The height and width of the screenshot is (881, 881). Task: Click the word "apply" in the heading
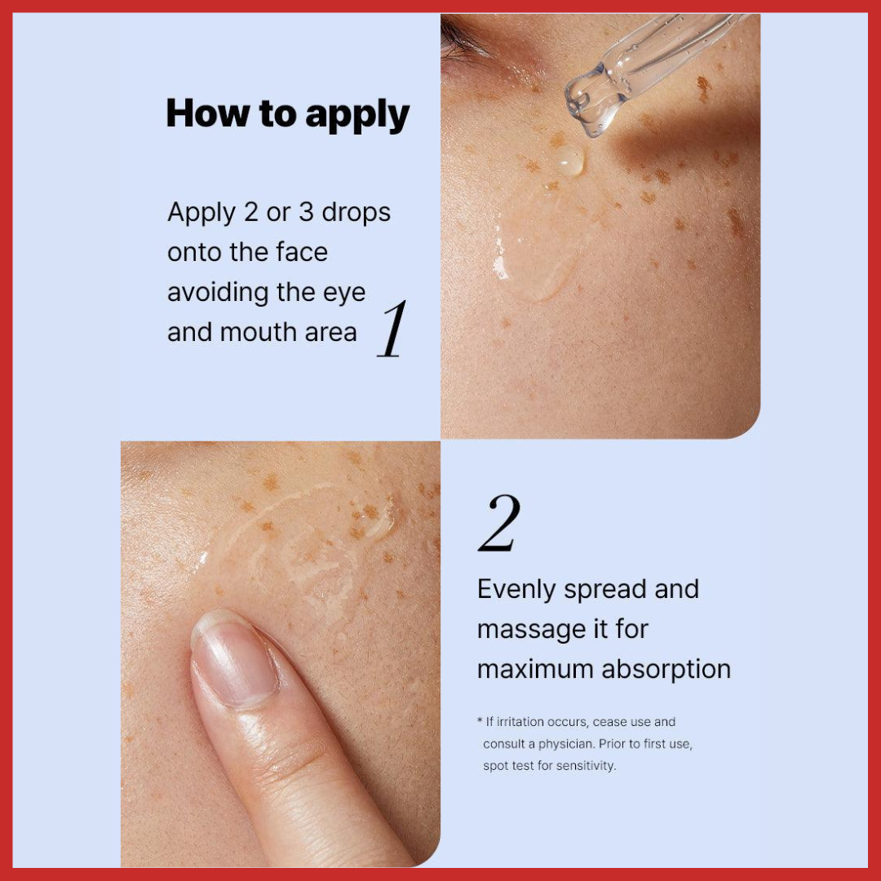(x=357, y=116)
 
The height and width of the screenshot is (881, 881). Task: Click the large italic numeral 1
(x=392, y=329)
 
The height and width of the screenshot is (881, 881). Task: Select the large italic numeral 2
(x=499, y=523)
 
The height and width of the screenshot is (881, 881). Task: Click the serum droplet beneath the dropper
(x=569, y=162)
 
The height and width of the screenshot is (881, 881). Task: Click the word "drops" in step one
(x=356, y=212)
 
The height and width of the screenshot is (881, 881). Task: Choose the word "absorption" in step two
(x=666, y=670)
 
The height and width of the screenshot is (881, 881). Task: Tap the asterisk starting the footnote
(x=480, y=719)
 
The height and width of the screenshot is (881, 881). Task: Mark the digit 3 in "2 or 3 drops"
(x=306, y=212)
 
